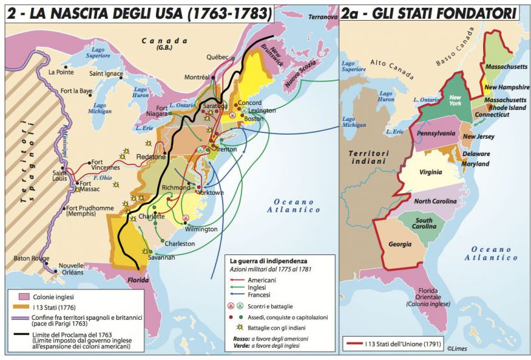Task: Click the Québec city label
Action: [218, 57]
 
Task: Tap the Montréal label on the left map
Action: [198, 77]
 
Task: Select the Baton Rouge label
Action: [31, 258]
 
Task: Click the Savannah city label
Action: [161, 257]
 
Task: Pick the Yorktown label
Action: [211, 192]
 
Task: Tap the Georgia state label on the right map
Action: [400, 244]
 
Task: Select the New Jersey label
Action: [479, 137]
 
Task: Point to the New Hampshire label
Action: [508, 87]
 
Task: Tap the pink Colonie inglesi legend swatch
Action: [19, 298]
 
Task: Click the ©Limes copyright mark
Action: [509, 350]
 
